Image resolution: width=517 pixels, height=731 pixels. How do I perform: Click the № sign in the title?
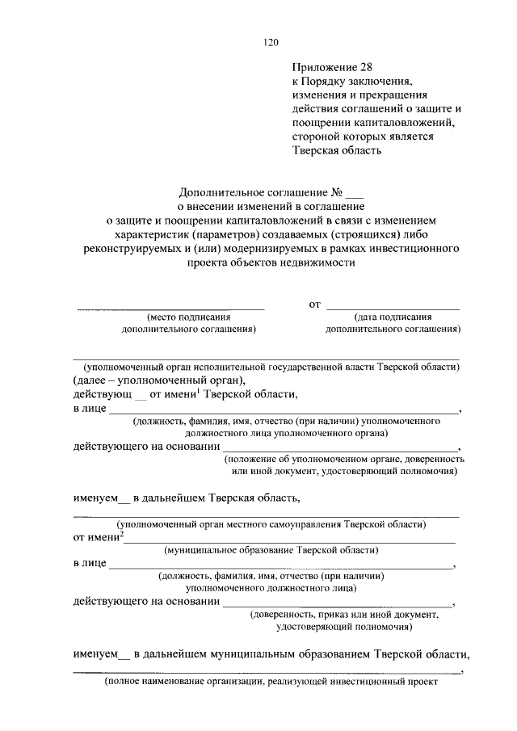338,193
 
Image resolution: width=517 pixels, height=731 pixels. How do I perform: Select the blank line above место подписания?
170,308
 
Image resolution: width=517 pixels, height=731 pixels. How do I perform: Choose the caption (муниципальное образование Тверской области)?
271,550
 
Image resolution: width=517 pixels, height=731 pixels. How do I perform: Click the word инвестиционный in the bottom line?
366,682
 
